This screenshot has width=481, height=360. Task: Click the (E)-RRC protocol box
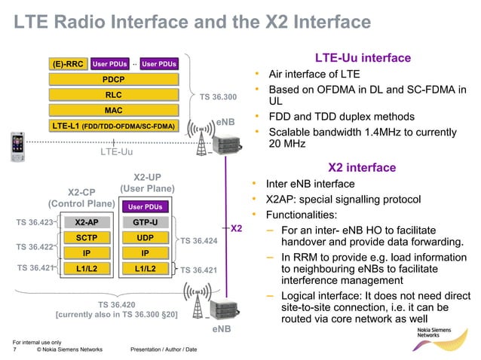tap(68, 64)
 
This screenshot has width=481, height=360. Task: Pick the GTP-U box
tap(145, 222)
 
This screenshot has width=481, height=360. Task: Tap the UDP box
tap(145, 237)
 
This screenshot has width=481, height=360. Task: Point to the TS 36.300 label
tap(218, 97)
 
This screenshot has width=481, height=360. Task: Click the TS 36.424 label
tap(199, 241)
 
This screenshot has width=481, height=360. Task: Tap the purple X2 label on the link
tap(236, 227)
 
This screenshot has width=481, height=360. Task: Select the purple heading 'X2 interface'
tap(362, 167)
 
